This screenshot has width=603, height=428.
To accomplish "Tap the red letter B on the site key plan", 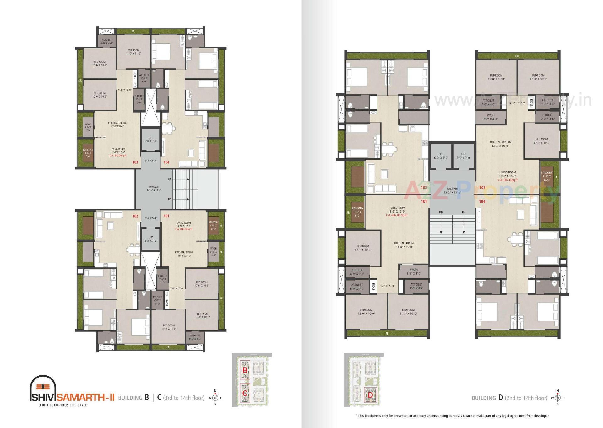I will [245, 370].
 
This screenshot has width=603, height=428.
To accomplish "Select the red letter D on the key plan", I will [370, 395].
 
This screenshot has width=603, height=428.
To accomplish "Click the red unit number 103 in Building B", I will [135, 162].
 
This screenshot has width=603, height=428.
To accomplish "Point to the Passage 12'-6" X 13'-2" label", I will [154, 188].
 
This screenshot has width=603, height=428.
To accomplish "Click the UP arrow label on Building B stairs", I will [170, 179].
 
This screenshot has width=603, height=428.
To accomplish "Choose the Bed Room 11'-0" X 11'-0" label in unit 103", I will [133, 52].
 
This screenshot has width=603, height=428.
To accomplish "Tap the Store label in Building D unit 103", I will [531, 102].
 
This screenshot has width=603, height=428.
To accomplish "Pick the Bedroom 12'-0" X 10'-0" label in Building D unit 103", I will [538, 77].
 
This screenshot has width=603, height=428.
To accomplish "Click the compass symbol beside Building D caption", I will [558, 398].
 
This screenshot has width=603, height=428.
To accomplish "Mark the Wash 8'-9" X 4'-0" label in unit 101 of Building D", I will [414, 272].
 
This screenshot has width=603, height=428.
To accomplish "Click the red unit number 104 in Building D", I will [482, 201].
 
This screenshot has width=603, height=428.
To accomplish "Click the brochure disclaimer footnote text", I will [452, 416].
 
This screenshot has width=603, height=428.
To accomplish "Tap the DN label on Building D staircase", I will [441, 212].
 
